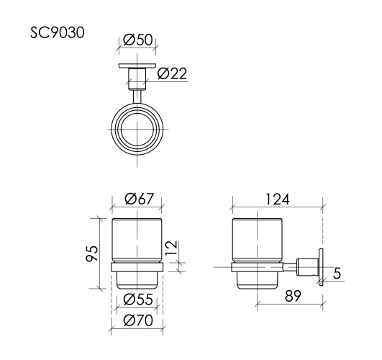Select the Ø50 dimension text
point(137,41)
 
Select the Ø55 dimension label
point(137,299)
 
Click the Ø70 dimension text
point(137,320)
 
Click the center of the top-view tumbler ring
point(137,132)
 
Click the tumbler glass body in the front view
point(137,238)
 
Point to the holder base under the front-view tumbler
point(137,276)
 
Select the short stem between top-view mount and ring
point(137,95)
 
